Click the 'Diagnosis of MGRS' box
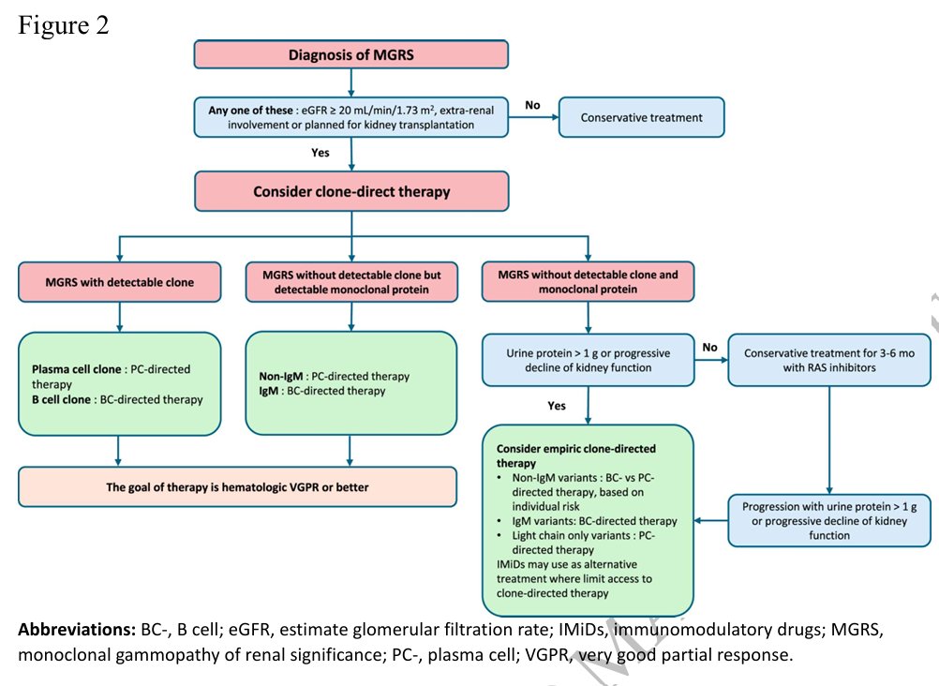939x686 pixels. [350, 54]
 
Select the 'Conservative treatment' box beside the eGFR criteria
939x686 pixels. [641, 117]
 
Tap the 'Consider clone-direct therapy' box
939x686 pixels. [351, 192]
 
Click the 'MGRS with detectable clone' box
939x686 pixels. [120, 281]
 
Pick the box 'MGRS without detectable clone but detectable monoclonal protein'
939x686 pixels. [351, 281]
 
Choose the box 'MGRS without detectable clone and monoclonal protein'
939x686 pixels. [589, 281]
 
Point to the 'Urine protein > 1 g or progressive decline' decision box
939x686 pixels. [589, 360]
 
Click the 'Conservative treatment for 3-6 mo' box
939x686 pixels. [829, 360]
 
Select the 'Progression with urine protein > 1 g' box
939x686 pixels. [829, 521]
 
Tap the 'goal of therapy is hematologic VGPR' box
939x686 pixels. [237, 487]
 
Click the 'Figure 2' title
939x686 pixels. [64, 25]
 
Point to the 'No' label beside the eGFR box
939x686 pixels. [532, 105]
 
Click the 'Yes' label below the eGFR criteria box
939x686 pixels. [320, 153]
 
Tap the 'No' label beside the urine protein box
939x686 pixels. [709, 347]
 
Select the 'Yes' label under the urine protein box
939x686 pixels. [557, 406]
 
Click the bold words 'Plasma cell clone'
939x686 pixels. [77, 369]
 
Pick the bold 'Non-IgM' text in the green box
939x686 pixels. [281, 376]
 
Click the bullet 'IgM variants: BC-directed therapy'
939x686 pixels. [594, 521]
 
